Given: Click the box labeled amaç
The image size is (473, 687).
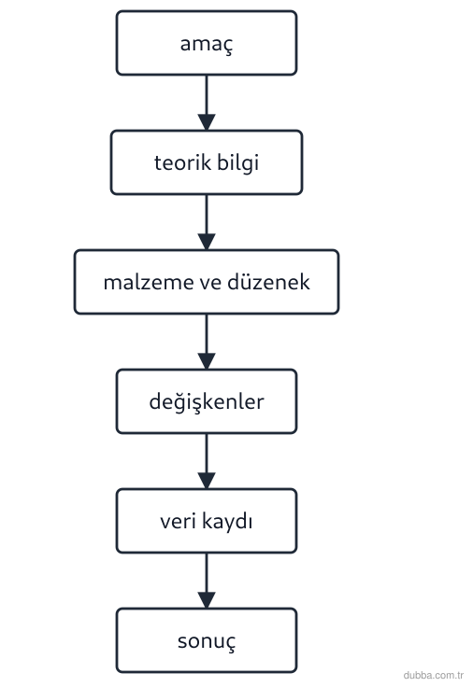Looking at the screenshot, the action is pos(207,43).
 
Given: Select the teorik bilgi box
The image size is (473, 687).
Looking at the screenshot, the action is pos(207,162).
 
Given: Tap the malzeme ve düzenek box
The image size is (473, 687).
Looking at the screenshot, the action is pos(207,282).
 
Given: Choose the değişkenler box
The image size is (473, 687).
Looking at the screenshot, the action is pos(207,401).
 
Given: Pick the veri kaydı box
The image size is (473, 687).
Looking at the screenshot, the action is pos(207,521).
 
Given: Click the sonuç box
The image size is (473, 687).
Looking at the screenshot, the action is pos(207,640).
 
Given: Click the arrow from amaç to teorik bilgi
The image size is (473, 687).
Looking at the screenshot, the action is pos(207,103).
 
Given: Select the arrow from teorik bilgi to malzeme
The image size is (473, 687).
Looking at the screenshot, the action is pos(207,222).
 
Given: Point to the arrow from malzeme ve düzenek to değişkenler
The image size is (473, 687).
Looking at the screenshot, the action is pos(207,342).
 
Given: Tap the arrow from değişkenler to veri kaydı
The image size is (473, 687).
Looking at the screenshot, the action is pos(207,461).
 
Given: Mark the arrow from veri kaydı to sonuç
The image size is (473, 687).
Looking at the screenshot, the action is pos(207,581).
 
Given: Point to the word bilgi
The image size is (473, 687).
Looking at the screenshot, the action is pos(237,163).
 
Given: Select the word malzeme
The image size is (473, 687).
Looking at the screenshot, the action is pos(149,282).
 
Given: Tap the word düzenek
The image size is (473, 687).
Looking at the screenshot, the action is pos(268,282).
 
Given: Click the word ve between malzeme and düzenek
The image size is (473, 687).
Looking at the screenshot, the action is pos(210,283).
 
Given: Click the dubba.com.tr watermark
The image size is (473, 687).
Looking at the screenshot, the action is pos(433,675).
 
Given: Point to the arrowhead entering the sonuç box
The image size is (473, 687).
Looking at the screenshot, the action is pos(207,600).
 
